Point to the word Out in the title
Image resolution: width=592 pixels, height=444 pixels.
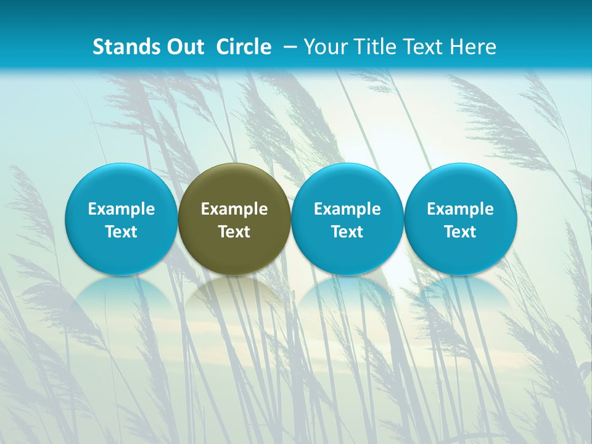[183, 47]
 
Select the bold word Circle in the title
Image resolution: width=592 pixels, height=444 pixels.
[244, 47]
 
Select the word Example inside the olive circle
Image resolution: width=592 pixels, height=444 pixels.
[234, 210]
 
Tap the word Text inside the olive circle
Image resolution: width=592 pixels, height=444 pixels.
[234, 232]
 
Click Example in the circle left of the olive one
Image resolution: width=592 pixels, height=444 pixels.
[121, 210]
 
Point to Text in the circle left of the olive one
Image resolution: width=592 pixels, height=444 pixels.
[121, 232]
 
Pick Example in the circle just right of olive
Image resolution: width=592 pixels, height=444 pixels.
[347, 210]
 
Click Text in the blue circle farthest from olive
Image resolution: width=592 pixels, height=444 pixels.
[461, 232]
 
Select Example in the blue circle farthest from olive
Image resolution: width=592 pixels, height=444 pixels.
[461, 210]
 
